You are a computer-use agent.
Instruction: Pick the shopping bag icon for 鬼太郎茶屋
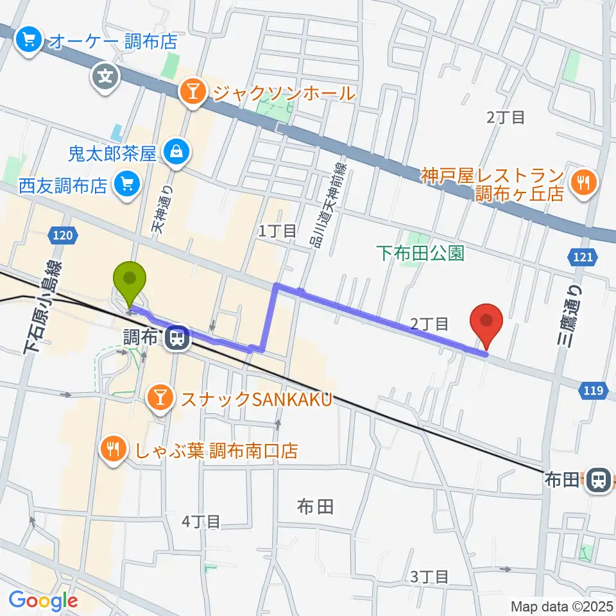point(174,153)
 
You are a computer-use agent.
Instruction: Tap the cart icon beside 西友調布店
point(124,186)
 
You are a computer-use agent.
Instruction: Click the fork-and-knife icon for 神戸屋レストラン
point(584,183)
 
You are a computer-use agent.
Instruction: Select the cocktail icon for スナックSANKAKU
point(158,400)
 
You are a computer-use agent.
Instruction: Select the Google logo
point(43,601)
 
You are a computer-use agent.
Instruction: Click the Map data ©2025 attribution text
point(561,606)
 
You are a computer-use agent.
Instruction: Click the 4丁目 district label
point(201,522)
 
